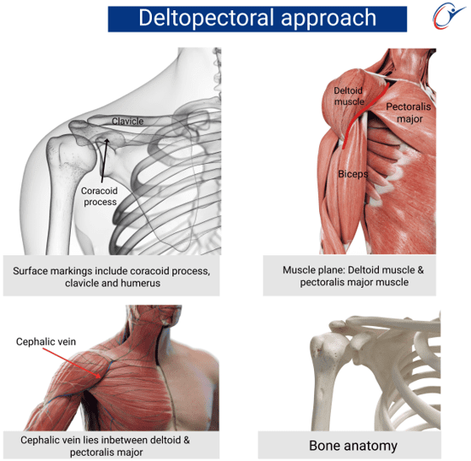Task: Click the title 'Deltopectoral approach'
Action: click(x=258, y=18)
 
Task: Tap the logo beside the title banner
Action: click(x=449, y=15)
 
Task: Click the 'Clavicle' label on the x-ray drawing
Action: click(x=128, y=121)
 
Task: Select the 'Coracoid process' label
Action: click(x=100, y=196)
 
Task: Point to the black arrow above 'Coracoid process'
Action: click(x=105, y=160)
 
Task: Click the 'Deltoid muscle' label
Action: click(x=349, y=96)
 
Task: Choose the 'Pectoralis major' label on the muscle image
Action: click(x=409, y=113)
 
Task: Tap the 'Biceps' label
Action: click(x=353, y=173)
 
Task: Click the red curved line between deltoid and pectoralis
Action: click(x=363, y=114)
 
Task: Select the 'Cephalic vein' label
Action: click(x=46, y=341)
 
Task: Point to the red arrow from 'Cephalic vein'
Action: click(x=74, y=363)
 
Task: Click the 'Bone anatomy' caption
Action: click(x=353, y=446)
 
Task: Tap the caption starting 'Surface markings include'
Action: click(x=112, y=277)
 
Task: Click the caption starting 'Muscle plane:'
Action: click(x=353, y=277)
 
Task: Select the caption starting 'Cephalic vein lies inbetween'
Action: click(x=105, y=446)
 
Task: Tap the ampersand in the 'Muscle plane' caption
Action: click(x=421, y=270)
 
